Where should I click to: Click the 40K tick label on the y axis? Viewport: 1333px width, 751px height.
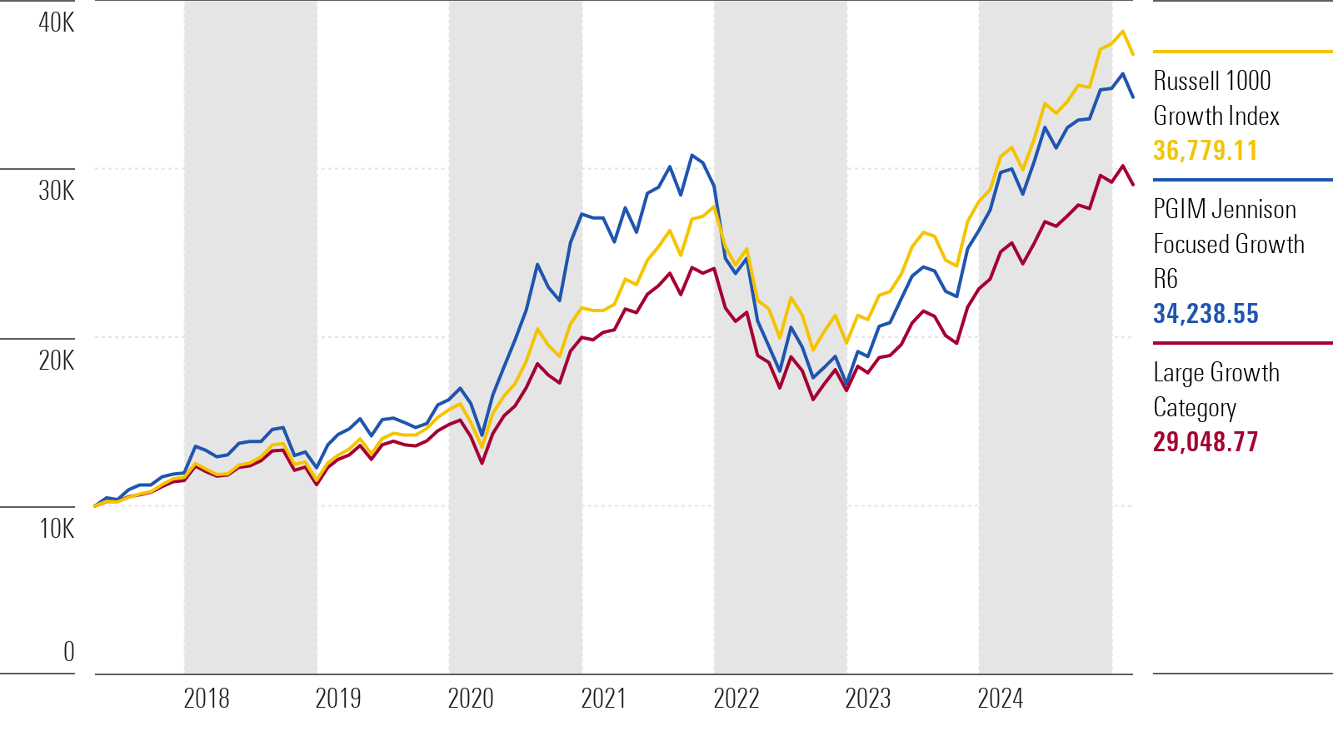pos(57,22)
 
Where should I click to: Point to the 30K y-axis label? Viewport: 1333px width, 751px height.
pos(57,191)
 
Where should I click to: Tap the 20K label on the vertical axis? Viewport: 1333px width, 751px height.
pos(57,361)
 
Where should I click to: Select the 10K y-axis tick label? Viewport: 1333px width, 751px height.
pos(57,529)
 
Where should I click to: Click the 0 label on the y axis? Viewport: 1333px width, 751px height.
pos(69,652)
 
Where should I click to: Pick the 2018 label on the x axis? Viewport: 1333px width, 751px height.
pos(207,699)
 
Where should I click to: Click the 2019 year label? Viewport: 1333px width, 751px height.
pos(338,699)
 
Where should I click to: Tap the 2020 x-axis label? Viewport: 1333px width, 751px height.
pos(471,699)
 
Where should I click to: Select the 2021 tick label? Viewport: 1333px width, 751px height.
pos(603,699)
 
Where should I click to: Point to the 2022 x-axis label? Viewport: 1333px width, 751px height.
pos(736,699)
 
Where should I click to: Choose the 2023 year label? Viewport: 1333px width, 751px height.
pos(868,699)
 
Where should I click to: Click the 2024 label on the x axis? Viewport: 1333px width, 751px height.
pos(1001,699)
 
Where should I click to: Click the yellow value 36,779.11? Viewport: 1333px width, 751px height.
pos(1206,151)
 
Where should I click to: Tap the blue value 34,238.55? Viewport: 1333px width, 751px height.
pos(1206,313)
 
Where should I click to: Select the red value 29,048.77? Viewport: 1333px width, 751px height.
pos(1206,442)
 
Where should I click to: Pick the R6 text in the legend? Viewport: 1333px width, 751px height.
pos(1166,279)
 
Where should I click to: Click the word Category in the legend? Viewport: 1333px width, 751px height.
pos(1195,408)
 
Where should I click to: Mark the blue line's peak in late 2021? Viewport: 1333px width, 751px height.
pos(691,155)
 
